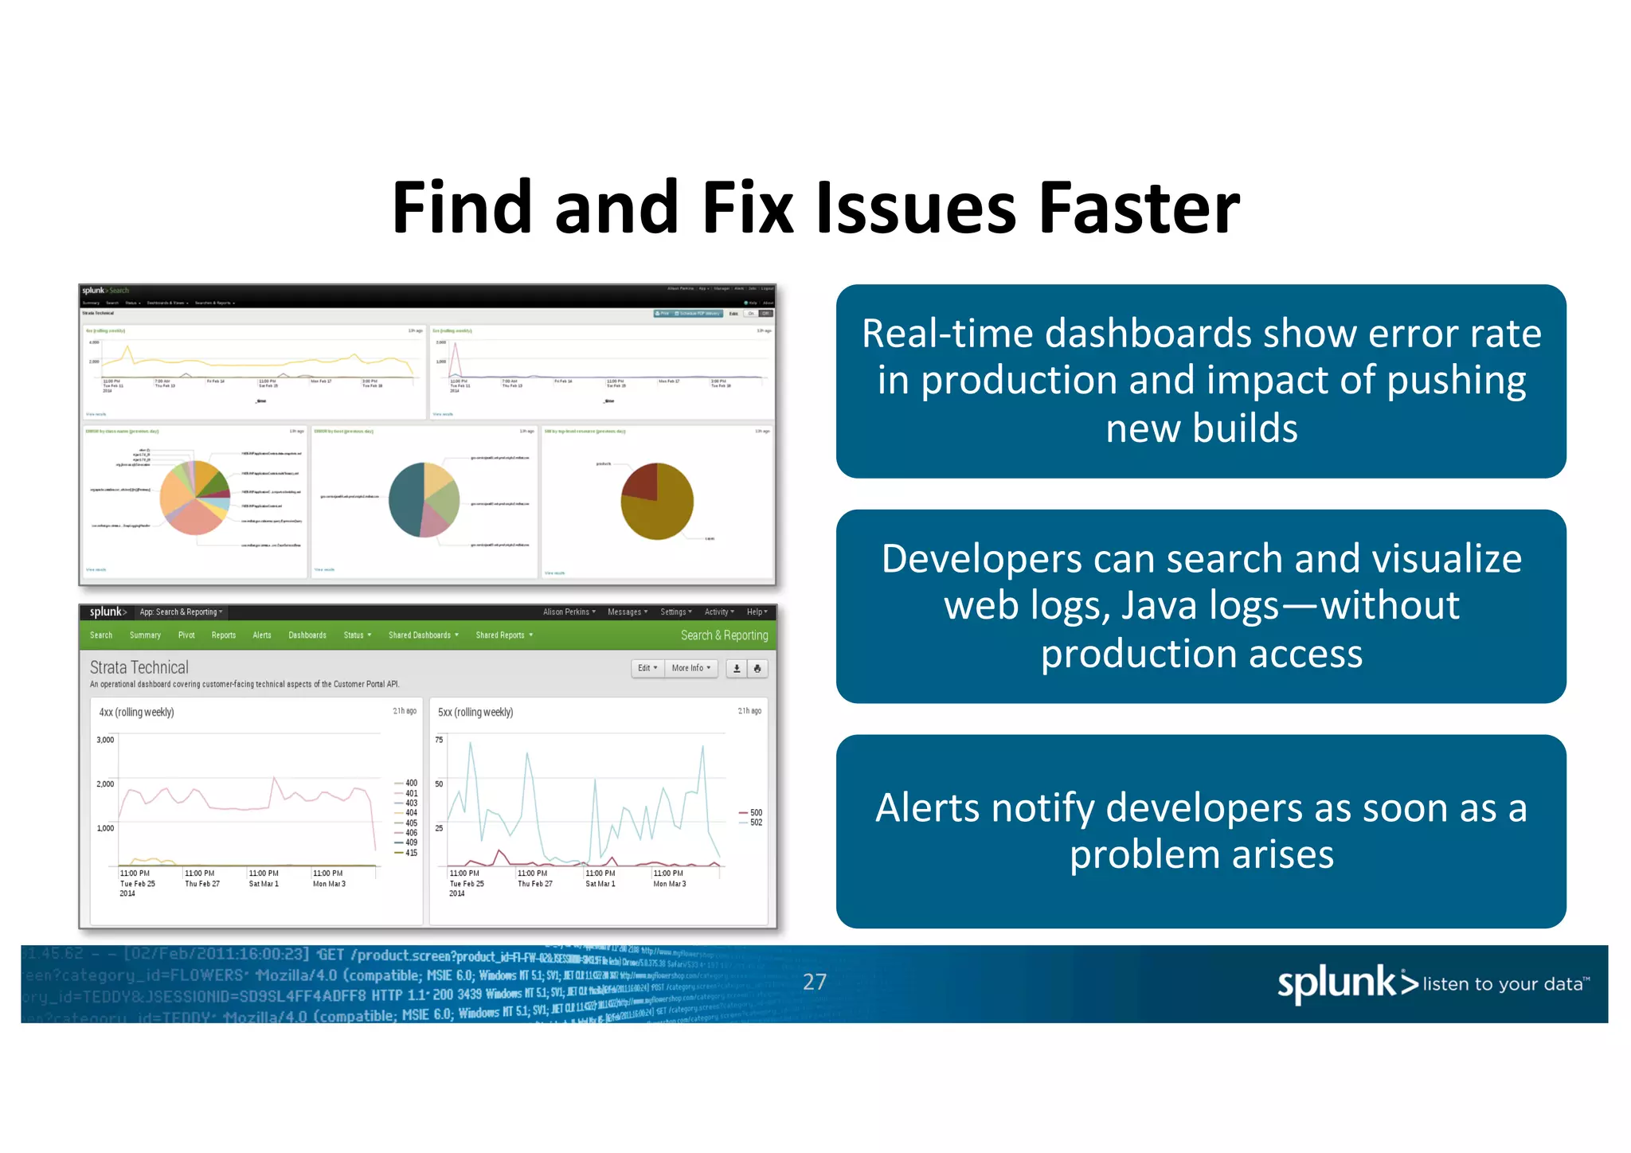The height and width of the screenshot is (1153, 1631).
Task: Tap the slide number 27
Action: tap(814, 982)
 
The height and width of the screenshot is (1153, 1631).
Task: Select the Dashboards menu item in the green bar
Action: tap(307, 635)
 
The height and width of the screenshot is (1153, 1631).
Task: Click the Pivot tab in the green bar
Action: tap(186, 635)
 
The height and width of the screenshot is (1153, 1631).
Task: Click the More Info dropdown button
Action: tap(690, 668)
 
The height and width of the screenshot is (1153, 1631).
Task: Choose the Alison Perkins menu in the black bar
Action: tap(569, 612)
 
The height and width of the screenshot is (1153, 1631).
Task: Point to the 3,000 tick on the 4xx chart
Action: tap(105, 740)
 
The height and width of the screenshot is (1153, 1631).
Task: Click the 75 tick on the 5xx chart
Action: tap(439, 740)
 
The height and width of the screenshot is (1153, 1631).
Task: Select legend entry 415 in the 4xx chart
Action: tap(410, 853)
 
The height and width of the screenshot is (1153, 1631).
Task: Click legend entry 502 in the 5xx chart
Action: tap(755, 823)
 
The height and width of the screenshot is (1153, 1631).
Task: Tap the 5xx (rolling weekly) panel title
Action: tap(475, 712)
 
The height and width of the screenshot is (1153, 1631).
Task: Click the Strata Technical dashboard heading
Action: tap(139, 667)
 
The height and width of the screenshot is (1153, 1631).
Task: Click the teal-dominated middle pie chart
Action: tap(424, 500)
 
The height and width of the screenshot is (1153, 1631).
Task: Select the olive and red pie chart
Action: tap(657, 502)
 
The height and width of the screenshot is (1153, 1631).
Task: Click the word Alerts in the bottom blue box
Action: tap(927, 808)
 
